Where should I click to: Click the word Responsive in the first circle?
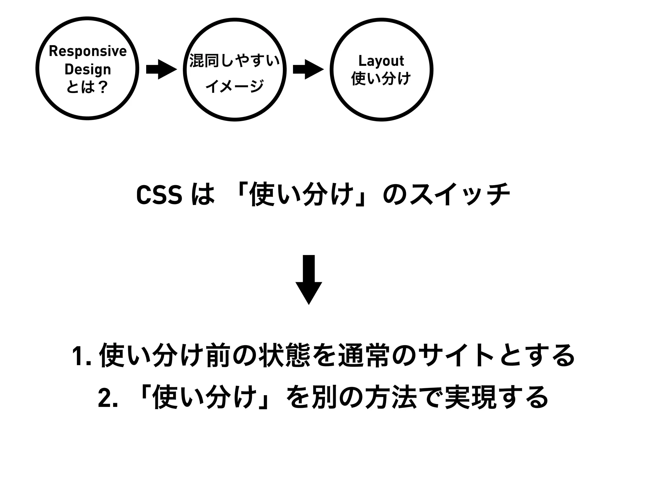88,51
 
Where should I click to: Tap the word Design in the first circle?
88,70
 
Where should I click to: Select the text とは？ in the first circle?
87,87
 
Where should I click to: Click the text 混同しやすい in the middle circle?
234,61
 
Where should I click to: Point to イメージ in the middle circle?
234,86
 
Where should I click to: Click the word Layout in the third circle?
381,61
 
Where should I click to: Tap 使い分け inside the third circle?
381,78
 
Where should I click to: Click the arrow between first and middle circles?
161,69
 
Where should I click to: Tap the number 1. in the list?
82,356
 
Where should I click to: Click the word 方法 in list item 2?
390,397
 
